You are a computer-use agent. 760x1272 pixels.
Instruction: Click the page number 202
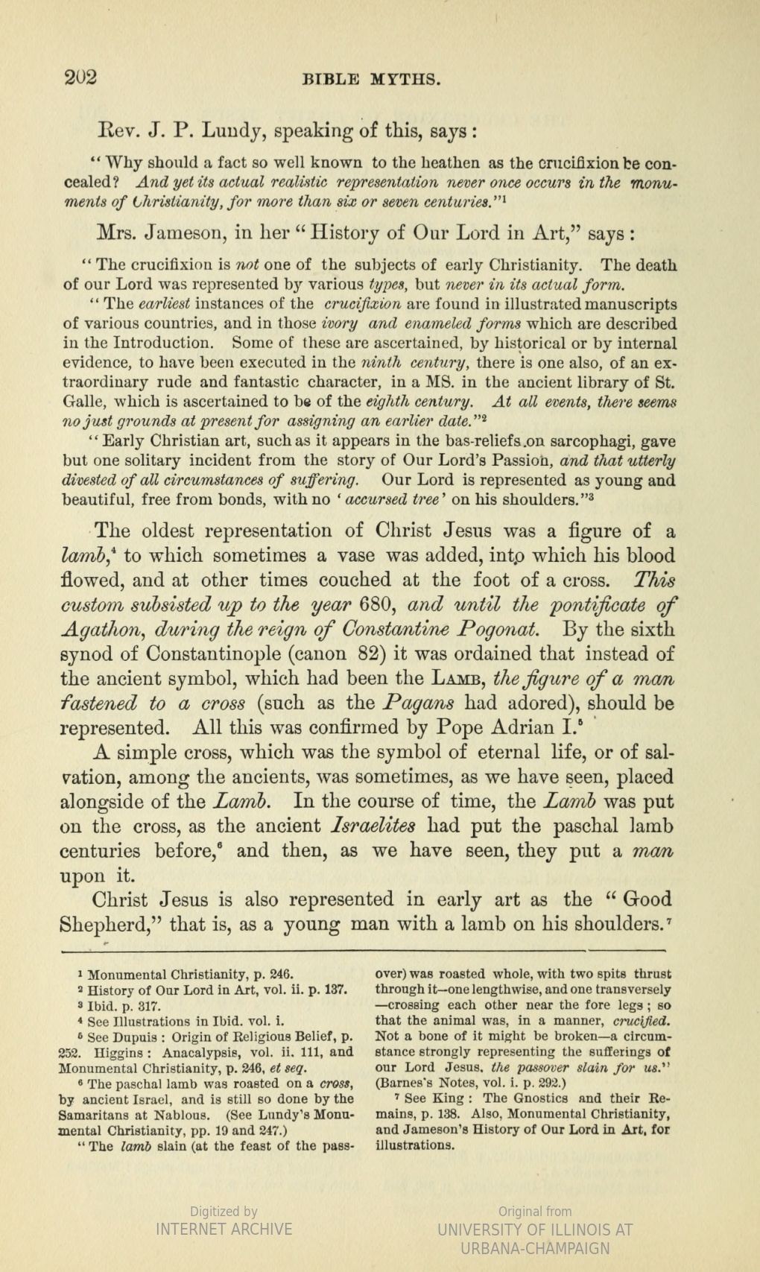(81, 77)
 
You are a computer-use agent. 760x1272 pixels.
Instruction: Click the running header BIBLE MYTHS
(372, 79)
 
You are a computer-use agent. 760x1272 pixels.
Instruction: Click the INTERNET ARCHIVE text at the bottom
(224, 1230)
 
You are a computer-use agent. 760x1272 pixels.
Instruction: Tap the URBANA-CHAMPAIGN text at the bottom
(534, 1248)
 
